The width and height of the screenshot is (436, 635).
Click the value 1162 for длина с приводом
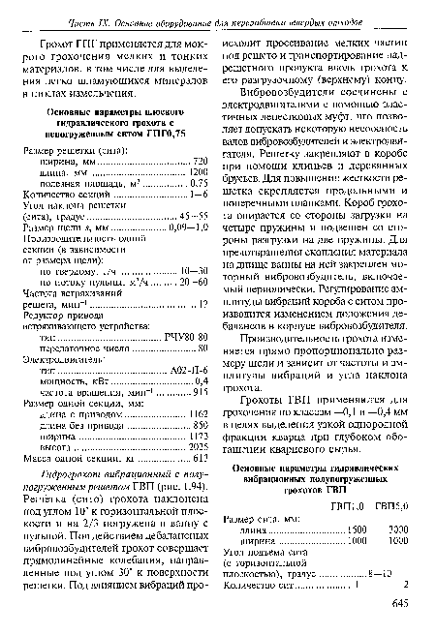(x=199, y=419)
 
